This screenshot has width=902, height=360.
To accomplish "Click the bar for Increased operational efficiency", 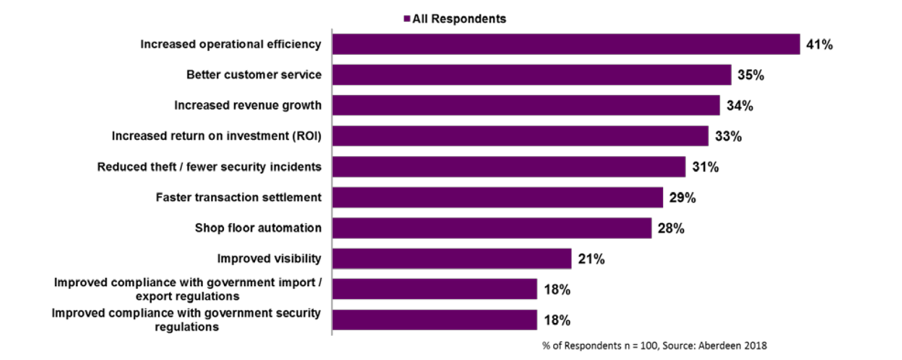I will [565, 44].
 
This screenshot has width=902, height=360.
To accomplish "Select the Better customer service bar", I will [531, 75].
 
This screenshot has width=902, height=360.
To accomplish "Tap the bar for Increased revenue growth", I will [526, 105].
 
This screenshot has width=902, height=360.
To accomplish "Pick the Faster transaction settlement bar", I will [497, 197].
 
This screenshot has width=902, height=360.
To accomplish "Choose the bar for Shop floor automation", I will [492, 228].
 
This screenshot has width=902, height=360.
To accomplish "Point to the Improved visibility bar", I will [452, 258].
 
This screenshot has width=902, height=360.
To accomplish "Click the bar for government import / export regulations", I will [435, 289].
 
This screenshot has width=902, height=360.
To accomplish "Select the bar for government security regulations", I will [435, 320].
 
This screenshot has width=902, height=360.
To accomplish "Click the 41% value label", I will [819, 45].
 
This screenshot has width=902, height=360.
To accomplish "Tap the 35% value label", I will [751, 75].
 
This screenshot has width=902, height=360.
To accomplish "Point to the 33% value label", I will [728, 136].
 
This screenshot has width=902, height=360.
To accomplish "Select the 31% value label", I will [705, 167].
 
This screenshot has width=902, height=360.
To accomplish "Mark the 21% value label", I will [591, 259].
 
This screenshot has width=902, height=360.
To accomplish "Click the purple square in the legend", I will [407, 19].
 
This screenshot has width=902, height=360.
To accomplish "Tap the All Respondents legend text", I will [459, 19].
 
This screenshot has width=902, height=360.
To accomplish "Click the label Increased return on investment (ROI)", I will [216, 136].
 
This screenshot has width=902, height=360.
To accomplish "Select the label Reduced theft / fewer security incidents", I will [209, 167].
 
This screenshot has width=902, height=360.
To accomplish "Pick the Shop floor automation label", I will [258, 228].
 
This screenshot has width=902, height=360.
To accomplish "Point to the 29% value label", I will [682, 198].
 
